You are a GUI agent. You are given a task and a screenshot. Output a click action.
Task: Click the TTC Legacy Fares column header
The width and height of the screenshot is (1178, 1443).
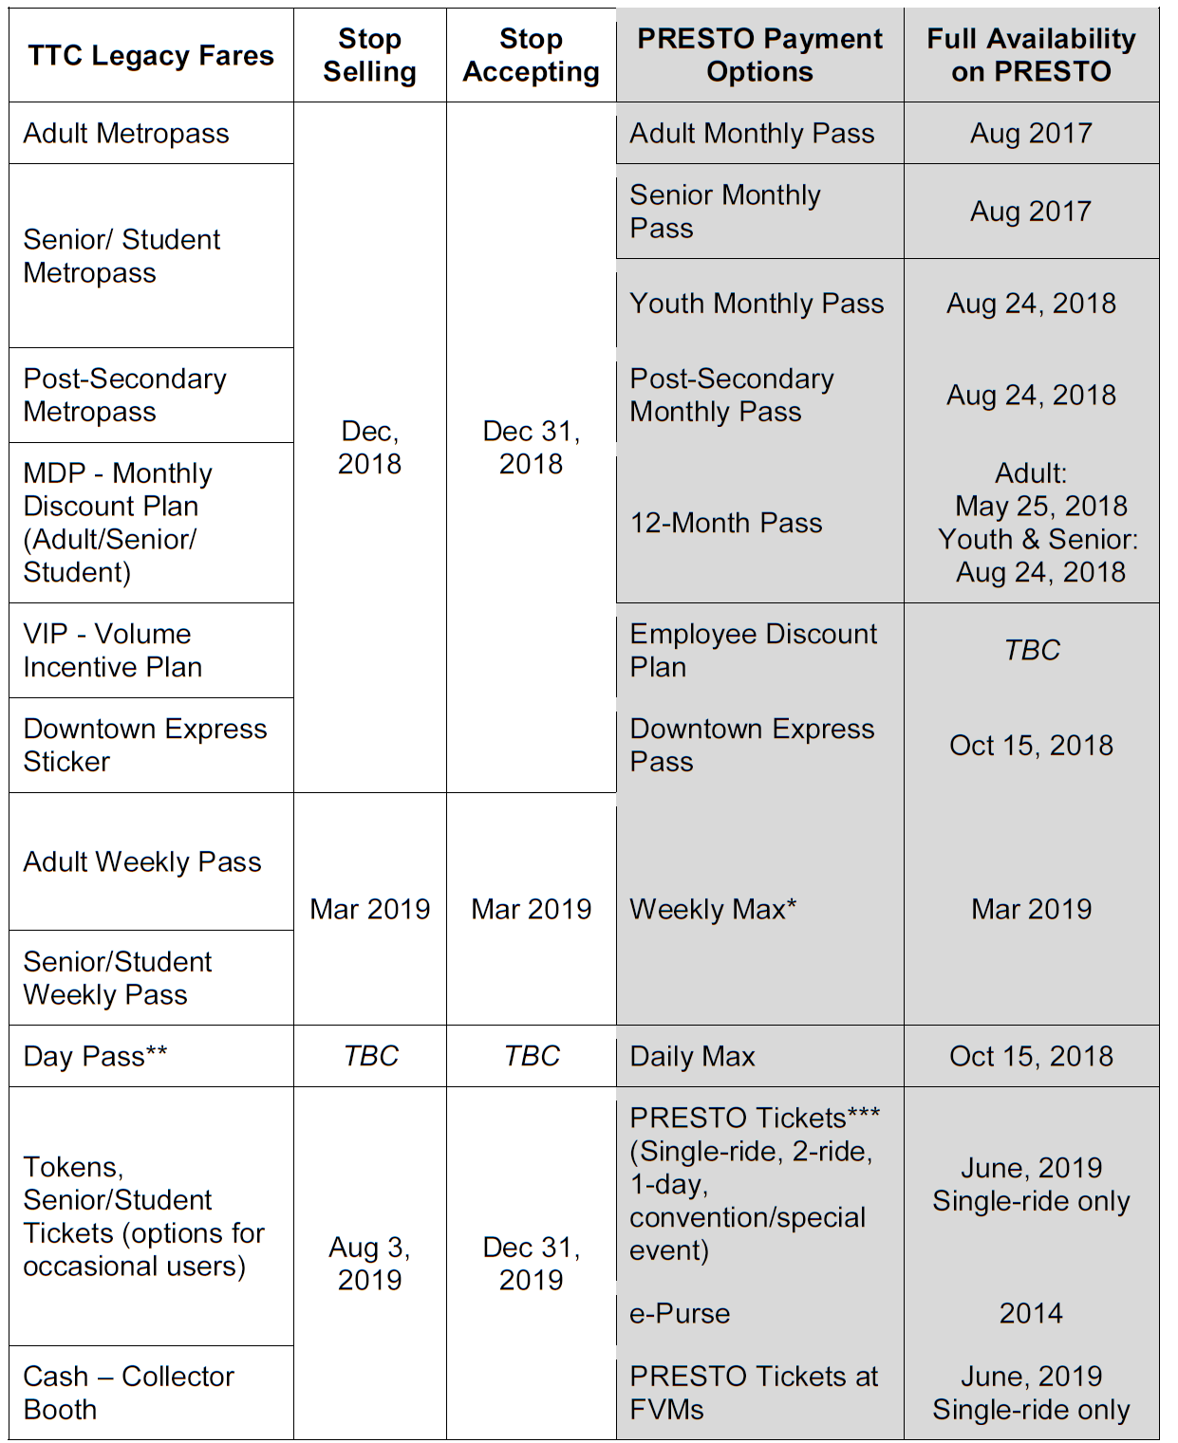[150, 56]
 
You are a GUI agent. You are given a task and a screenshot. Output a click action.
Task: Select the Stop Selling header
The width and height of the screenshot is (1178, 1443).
[369, 55]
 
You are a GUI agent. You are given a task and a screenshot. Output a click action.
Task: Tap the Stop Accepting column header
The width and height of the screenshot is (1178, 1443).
[531, 55]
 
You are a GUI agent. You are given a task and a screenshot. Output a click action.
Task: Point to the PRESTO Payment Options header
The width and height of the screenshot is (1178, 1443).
[759, 55]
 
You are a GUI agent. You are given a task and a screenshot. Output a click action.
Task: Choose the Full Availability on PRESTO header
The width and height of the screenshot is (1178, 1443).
[1031, 55]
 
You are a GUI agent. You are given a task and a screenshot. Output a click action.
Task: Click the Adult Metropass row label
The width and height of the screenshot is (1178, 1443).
[126, 134]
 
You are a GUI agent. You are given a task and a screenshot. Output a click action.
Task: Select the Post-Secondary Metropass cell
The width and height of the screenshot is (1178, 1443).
[124, 395]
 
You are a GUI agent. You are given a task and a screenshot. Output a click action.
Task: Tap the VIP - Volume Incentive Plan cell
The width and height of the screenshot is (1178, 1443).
[112, 650]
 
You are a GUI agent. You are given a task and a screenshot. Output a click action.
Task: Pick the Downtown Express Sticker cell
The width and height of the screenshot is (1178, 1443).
[144, 745]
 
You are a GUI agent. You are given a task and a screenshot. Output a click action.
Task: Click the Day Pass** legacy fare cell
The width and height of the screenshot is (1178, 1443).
[95, 1056]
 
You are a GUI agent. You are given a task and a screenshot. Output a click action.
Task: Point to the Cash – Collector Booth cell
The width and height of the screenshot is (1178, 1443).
[128, 1392]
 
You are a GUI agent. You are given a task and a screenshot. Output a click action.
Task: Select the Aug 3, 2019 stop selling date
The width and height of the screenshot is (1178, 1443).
[369, 1263]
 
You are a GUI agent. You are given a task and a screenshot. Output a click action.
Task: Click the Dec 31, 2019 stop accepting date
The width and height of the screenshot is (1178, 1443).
[531, 1263]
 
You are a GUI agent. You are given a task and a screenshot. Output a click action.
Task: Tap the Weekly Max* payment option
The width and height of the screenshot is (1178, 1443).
[713, 909]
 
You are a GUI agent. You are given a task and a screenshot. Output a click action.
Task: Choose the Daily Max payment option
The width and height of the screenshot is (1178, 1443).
[692, 1056]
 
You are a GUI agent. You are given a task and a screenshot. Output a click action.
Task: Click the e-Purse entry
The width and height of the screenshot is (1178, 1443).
[680, 1313]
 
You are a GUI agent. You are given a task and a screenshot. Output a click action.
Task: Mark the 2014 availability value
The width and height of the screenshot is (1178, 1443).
[1031, 1313]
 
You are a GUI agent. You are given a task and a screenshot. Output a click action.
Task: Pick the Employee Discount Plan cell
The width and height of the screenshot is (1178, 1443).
[753, 650]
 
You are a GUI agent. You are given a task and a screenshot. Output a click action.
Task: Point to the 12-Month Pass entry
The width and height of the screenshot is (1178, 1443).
[726, 523]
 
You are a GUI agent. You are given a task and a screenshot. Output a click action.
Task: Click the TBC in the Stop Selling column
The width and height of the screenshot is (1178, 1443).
[370, 1056]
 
